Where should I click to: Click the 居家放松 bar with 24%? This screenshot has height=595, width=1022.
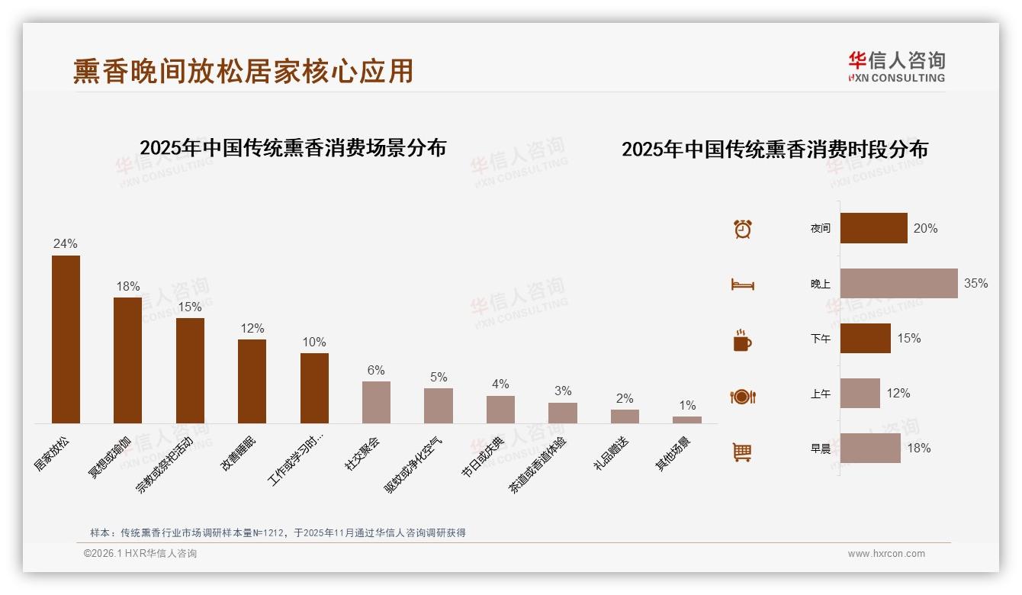click(x=66, y=339)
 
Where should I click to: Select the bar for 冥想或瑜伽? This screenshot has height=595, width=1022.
click(x=127, y=360)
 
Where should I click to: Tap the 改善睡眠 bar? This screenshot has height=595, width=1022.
click(x=252, y=381)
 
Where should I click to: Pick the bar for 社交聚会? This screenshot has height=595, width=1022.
click(x=376, y=402)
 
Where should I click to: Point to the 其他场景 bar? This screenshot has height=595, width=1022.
click(x=686, y=420)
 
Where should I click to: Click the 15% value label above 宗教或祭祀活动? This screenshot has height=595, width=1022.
click(x=190, y=307)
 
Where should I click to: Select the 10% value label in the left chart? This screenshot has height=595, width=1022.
click(x=314, y=342)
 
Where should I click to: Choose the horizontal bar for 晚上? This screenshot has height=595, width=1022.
click(x=898, y=283)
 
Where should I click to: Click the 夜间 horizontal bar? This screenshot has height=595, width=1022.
click(x=873, y=228)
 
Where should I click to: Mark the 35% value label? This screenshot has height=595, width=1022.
click(x=975, y=283)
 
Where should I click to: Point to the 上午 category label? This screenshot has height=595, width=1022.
click(x=820, y=394)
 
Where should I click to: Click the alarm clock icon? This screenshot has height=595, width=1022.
click(x=742, y=229)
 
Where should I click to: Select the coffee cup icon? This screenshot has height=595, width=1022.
click(x=742, y=340)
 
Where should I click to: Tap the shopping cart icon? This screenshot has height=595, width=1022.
click(x=742, y=452)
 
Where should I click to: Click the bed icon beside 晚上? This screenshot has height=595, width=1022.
click(x=742, y=285)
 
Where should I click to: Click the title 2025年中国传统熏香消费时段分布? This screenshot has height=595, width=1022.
click(x=774, y=149)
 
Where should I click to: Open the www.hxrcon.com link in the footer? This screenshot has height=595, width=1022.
click(x=885, y=554)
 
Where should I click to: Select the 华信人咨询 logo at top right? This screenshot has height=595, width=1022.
click(x=896, y=66)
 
